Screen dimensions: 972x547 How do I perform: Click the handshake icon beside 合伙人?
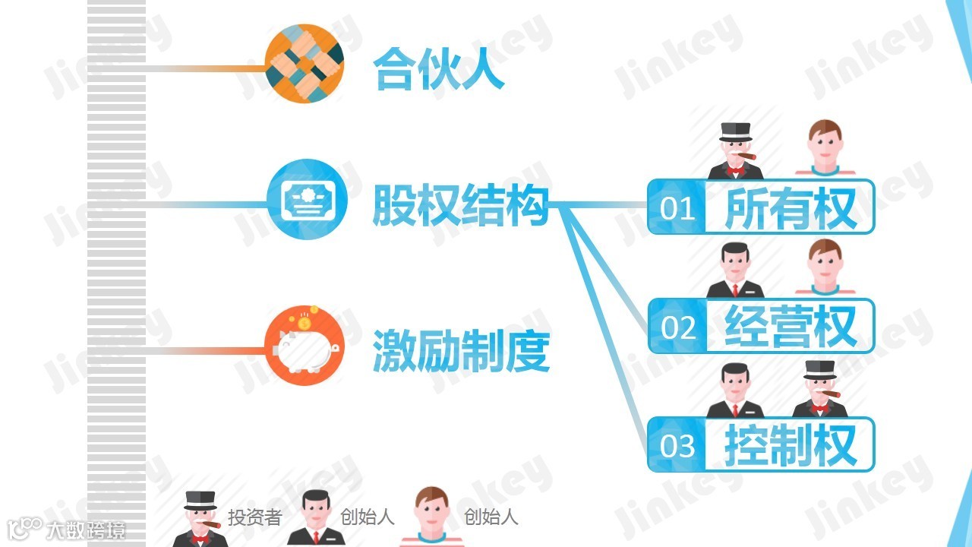tap(305, 64)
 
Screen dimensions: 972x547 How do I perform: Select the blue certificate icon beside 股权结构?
tap(307, 199)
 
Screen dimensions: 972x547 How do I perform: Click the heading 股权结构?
tap(460, 204)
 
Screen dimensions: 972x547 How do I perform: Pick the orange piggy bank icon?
tap(305, 349)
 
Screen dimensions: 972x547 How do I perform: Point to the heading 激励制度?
tap(460, 351)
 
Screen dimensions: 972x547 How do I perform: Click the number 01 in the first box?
tap(677, 207)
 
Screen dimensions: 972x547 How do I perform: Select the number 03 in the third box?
tap(677, 445)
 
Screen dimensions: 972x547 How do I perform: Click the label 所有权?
tap(791, 207)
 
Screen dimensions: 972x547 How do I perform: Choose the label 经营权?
tap(791, 326)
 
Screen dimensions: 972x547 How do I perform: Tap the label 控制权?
tap(791, 445)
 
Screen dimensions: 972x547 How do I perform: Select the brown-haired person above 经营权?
tap(825, 267)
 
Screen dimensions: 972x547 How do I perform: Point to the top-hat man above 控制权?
tap(820, 390)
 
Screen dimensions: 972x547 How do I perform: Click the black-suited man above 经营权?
tap(735, 270)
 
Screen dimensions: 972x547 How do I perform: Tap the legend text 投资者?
tap(255, 518)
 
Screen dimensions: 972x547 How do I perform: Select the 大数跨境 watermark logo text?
tap(85, 530)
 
